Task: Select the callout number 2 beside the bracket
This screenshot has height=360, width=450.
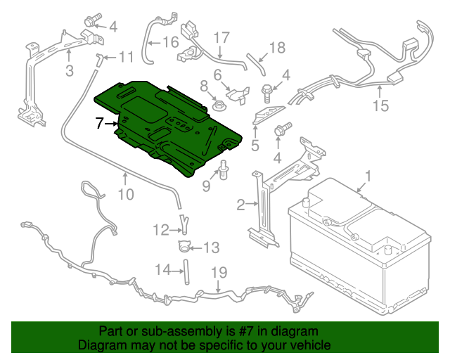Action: point(241,205)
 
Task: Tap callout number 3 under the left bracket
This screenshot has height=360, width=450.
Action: point(69,70)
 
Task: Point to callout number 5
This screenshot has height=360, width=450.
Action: point(255,146)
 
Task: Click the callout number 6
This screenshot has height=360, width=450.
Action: point(218,75)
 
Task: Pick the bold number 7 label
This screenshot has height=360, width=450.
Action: point(100,123)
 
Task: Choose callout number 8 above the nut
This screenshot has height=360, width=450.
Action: point(204,86)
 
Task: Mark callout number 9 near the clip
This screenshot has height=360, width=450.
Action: point(207,186)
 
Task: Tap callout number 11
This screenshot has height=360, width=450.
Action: point(125,56)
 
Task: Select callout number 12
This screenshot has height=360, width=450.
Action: point(161,229)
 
